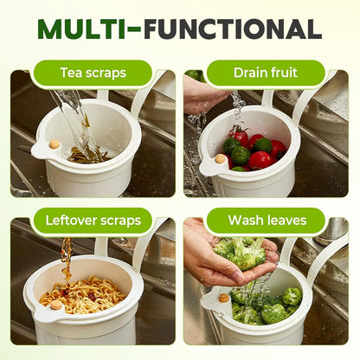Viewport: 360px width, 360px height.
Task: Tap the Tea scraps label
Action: coord(92,73)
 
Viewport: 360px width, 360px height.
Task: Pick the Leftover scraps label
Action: coord(92,220)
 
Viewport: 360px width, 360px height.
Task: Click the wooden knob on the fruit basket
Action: coord(220,159)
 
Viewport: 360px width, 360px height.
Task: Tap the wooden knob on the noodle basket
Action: coord(56,305)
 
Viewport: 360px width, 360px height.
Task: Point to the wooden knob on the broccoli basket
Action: coord(224,298)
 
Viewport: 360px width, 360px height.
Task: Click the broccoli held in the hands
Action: coord(242,253)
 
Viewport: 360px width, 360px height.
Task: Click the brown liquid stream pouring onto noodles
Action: coord(66,260)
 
